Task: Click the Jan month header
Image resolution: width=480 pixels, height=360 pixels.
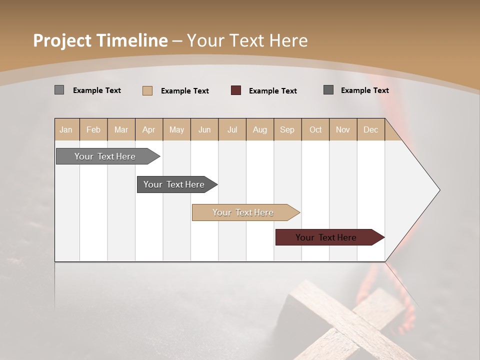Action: point(66,129)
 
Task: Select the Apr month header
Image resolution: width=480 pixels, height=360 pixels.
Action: point(149,129)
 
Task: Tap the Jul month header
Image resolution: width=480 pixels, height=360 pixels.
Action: point(232,129)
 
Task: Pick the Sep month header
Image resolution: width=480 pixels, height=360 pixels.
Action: point(287,129)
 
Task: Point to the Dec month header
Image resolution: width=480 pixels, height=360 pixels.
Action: point(370,129)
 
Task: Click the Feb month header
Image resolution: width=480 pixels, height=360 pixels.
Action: point(93,129)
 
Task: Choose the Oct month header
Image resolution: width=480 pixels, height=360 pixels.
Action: point(315,129)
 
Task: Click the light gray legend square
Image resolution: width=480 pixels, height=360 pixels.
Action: point(59,90)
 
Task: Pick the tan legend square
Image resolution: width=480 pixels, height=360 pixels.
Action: point(147,90)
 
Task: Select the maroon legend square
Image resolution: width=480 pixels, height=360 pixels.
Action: point(236,90)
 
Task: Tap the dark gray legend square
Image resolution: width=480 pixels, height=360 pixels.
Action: point(328,90)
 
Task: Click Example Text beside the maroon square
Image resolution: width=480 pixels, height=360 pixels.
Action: point(272,91)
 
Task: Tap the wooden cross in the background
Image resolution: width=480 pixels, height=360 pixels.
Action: point(350,320)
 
